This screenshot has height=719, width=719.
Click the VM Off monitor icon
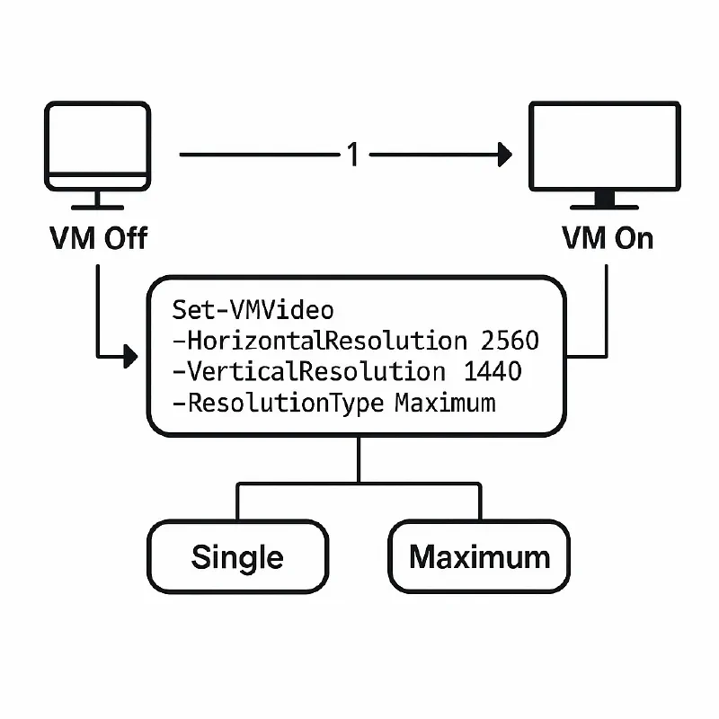97,148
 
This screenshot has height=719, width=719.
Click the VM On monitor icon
604,148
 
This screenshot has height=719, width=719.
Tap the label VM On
608,238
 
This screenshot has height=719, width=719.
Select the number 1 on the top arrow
353,155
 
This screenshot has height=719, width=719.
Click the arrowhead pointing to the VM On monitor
504,155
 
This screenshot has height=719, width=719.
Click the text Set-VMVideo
253,311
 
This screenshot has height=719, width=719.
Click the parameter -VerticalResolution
306,371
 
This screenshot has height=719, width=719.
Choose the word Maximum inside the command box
445,402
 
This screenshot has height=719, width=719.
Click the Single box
237,556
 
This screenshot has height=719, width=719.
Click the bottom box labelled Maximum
479,556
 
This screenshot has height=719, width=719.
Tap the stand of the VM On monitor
604,200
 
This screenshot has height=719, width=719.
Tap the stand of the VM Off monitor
97,200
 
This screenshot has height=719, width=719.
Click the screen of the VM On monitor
604,144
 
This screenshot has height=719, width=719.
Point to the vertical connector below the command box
359,460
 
